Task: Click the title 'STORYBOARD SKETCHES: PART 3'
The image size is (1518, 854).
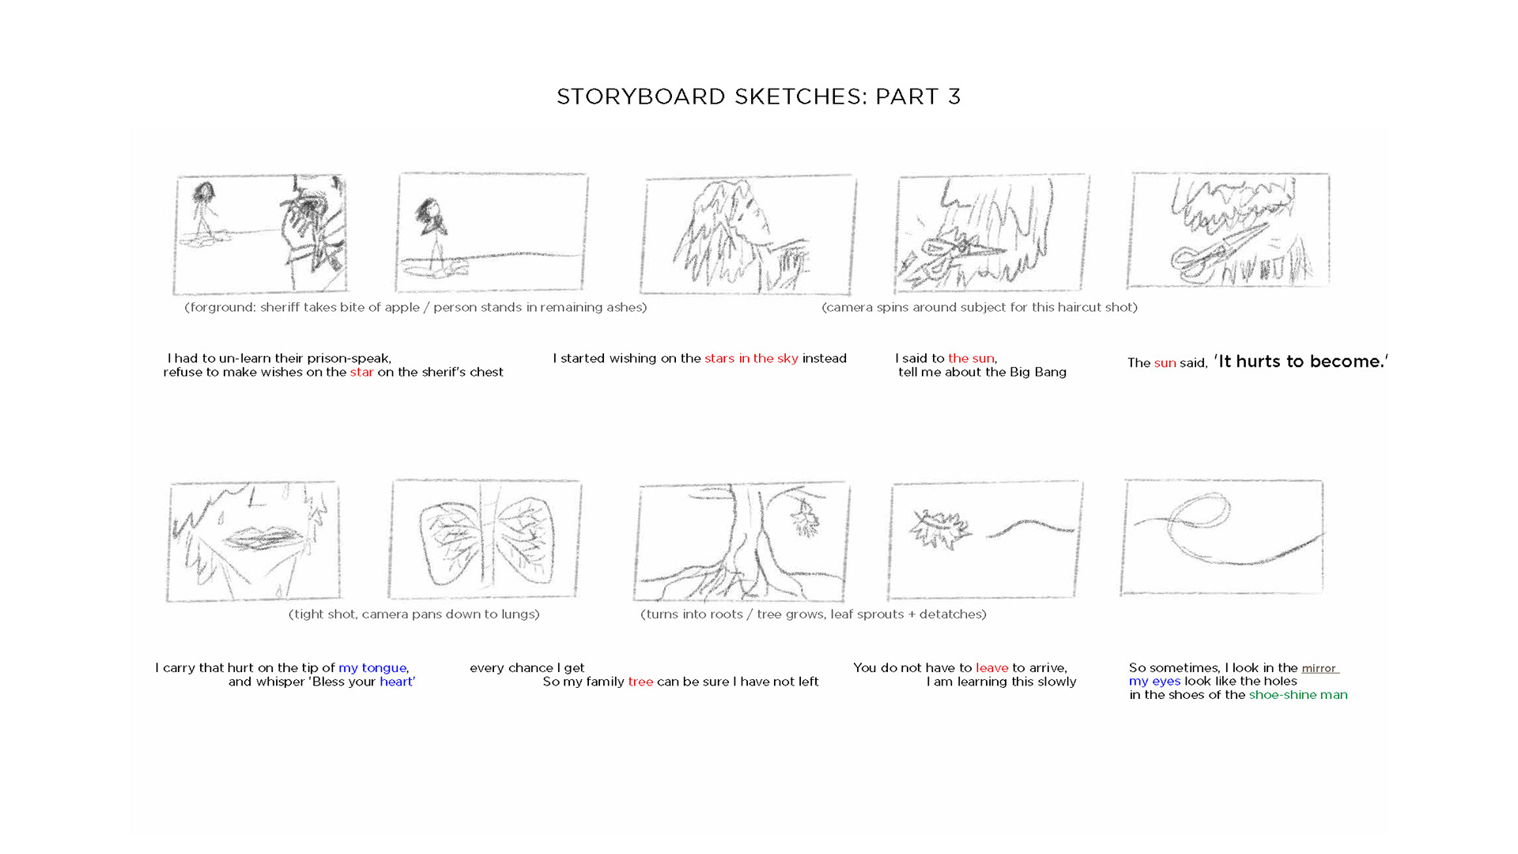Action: (758, 96)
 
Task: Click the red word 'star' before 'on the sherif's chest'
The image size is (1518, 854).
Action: (361, 372)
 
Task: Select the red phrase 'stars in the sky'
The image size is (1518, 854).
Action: (751, 358)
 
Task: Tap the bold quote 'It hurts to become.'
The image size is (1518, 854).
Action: (1301, 361)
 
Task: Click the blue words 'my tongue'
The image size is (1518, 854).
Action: (372, 668)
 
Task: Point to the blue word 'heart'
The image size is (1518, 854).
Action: (396, 682)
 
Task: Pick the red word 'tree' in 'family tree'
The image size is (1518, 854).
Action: (640, 682)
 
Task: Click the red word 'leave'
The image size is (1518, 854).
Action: (991, 668)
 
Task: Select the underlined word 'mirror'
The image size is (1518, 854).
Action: (1320, 668)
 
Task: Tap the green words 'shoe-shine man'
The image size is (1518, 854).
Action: (1298, 695)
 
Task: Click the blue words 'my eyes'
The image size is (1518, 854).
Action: (1154, 682)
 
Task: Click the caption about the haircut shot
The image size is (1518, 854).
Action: (980, 307)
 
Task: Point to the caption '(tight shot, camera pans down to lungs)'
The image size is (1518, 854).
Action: (414, 614)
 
